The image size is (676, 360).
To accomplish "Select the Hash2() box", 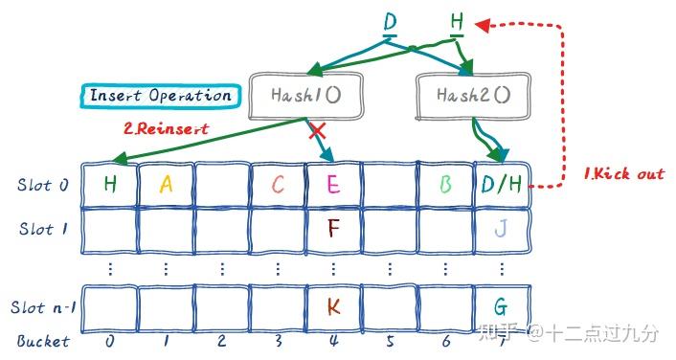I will coord(472,95).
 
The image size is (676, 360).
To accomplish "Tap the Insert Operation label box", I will coord(160,95).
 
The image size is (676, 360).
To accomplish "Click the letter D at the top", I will coord(390,21).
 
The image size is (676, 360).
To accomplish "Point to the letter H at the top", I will coord(457,21).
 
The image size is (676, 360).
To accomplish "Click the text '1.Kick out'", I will coord(623,173).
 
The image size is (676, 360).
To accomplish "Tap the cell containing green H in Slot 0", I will coord(109,184).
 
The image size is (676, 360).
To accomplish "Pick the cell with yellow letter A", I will coord(166,184).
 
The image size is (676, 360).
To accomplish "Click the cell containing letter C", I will coord(278,184).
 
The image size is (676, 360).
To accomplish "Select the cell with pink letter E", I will coord(333,184).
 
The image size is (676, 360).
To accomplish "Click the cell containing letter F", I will coord(333,228).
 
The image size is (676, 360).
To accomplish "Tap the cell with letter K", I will coord(333,306).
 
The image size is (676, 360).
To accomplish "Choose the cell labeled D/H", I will coord(502,184).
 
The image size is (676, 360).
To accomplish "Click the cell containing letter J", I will coord(501,228).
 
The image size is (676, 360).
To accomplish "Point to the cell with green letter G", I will coord(501,306).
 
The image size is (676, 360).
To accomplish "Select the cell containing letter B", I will coord(445,184).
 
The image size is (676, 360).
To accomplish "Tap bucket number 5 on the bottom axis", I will coord(390,340).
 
